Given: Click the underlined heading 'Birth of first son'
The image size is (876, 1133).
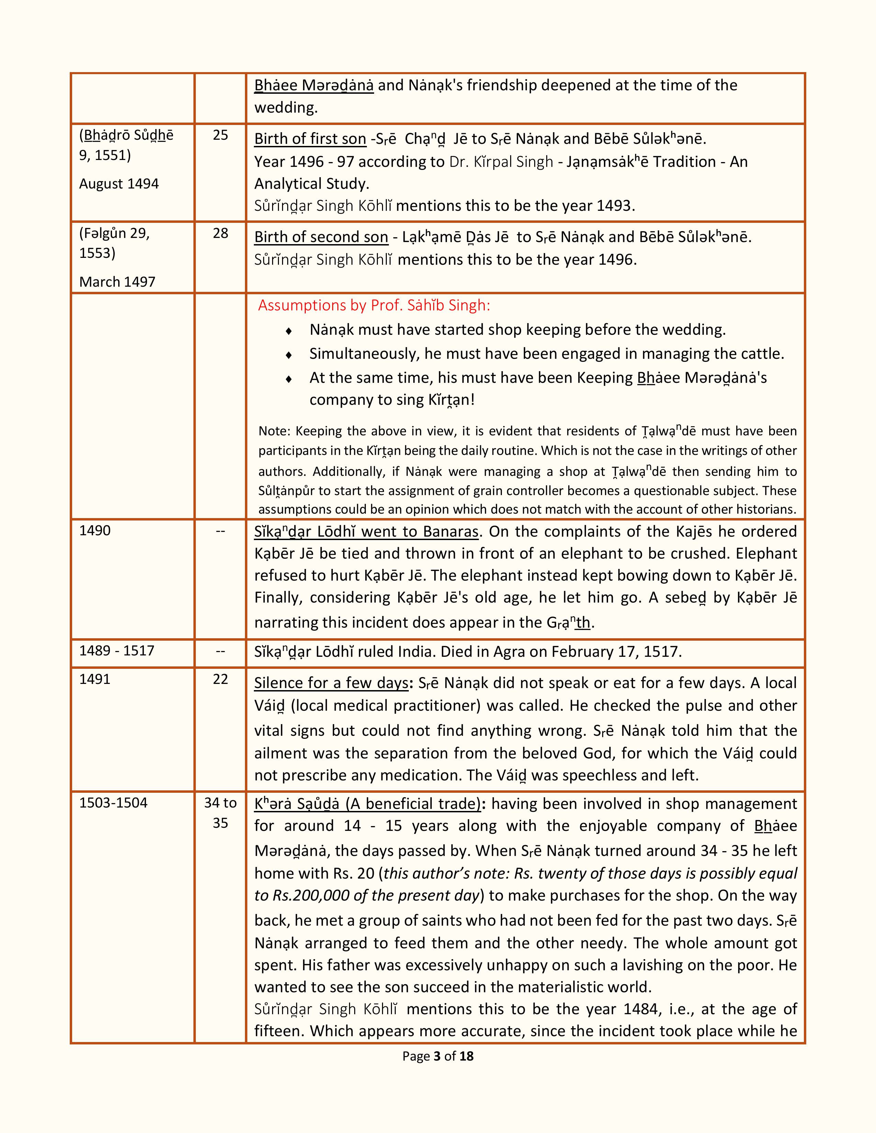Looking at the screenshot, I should (310, 139).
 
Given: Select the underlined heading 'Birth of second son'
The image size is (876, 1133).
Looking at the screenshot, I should (321, 237).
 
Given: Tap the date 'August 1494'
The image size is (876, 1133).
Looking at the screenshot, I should (119, 184).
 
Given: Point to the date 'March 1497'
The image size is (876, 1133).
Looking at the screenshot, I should (117, 282).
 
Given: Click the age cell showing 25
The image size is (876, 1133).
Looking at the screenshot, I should (221, 135).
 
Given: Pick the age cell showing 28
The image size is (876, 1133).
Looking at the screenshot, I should (221, 233).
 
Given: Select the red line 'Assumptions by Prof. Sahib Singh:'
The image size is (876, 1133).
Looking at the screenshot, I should (374, 306).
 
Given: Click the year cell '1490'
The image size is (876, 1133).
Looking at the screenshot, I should (95, 531).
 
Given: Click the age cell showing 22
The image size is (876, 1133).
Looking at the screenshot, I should (221, 679).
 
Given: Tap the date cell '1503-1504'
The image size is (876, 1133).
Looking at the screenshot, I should (113, 803).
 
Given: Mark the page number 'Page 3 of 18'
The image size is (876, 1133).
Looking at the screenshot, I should (437, 1056).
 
